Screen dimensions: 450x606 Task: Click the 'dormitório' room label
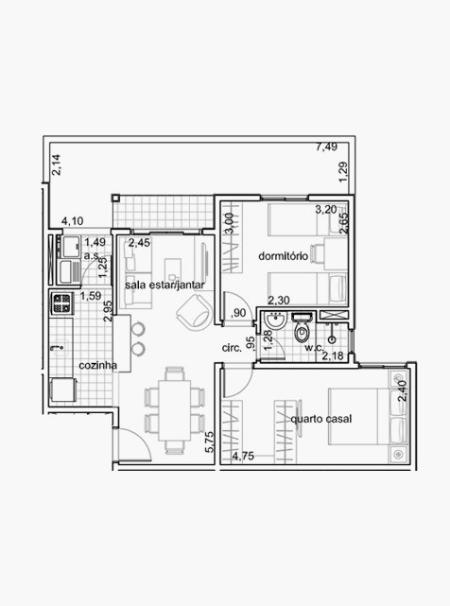[283, 256]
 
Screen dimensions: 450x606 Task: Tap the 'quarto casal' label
[321, 419]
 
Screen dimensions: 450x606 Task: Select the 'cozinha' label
[97, 365]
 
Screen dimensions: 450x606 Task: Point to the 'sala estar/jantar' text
[164, 286]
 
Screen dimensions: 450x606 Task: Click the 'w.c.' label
[314, 348]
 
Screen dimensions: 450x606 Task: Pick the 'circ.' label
[232, 348]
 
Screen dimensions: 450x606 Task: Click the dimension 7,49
[326, 147]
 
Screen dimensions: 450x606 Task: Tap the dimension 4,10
[73, 221]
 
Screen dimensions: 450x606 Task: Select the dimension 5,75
[209, 442]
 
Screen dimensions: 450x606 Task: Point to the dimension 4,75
[243, 456]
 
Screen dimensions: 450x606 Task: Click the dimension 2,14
[56, 165]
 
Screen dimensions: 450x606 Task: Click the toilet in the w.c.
[302, 328]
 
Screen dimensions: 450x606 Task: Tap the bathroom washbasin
[275, 320]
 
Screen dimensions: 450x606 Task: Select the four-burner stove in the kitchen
[61, 303]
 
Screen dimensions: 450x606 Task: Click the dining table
[174, 410]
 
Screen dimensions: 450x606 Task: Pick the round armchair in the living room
[195, 313]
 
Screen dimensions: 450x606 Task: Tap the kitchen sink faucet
[57, 348]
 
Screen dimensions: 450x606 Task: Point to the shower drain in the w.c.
[332, 340]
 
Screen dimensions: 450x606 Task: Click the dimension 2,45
[139, 243]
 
